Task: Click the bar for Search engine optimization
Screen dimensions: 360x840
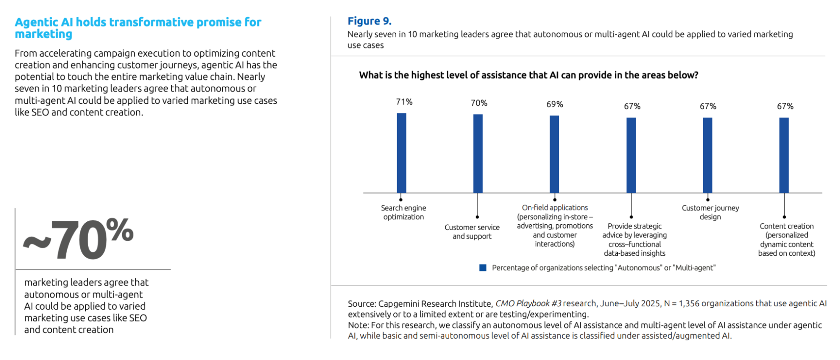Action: pos(402,153)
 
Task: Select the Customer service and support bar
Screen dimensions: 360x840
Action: pos(478,154)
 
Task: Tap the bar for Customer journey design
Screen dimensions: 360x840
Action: pos(708,155)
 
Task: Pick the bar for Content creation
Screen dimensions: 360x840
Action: pos(784,155)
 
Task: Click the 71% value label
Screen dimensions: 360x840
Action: pos(404,102)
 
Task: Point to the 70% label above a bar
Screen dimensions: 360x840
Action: pos(479,103)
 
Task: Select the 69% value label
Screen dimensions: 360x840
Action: pos(555,104)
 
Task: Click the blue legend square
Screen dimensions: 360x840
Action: pos(483,268)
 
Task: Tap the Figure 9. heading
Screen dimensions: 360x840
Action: pos(369,21)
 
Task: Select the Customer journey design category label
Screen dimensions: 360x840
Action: pos(710,212)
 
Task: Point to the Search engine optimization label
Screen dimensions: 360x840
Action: pos(403,212)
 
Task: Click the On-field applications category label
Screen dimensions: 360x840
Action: pos(555,226)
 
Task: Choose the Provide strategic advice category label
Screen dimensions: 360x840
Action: pos(635,239)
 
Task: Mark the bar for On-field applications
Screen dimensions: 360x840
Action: pos(554,154)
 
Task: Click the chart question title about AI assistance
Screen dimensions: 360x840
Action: pos(528,75)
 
